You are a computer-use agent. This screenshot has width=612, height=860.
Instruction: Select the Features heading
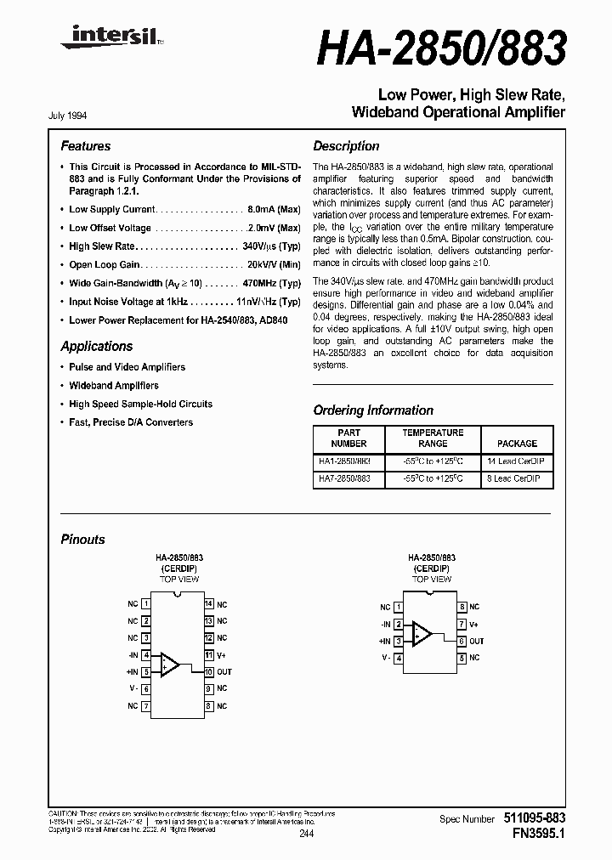pos(85,146)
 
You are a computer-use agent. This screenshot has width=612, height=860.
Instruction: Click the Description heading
pos(346,146)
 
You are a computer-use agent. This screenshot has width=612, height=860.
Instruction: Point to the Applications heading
pos(96,347)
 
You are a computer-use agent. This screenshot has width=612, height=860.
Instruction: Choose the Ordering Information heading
pos(373,410)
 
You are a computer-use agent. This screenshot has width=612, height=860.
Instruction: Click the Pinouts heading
pos(82,540)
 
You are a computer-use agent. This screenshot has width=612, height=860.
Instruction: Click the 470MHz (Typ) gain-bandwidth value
pos(272,283)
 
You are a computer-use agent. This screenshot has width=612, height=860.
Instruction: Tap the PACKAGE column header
pos(517,444)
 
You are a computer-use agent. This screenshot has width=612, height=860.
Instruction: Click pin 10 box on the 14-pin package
pos(207,672)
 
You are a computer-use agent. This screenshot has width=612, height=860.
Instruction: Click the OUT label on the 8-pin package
pos(477,642)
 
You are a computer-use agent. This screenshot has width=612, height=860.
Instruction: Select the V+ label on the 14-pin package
pos(221,655)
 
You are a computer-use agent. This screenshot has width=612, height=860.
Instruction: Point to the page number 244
pos(306,835)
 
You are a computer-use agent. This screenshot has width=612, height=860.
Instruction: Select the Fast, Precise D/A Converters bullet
pos(131,422)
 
